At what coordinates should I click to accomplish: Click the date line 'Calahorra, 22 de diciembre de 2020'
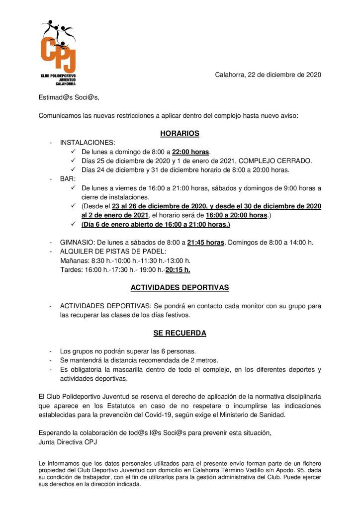tap(268, 75)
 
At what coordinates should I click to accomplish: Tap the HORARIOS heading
tap(180, 133)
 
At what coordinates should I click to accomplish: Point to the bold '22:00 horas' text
tap(191, 152)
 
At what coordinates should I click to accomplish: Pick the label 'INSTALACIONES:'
tap(87, 143)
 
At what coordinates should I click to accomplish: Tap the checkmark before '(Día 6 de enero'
tap(73, 224)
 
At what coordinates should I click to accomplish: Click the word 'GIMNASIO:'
tap(76, 243)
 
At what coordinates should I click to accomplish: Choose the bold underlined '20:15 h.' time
tap(178, 270)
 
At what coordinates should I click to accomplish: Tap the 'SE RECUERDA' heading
tap(180, 333)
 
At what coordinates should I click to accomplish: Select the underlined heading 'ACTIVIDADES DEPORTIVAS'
tap(180, 288)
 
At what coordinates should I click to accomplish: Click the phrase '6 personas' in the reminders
tap(180, 351)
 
